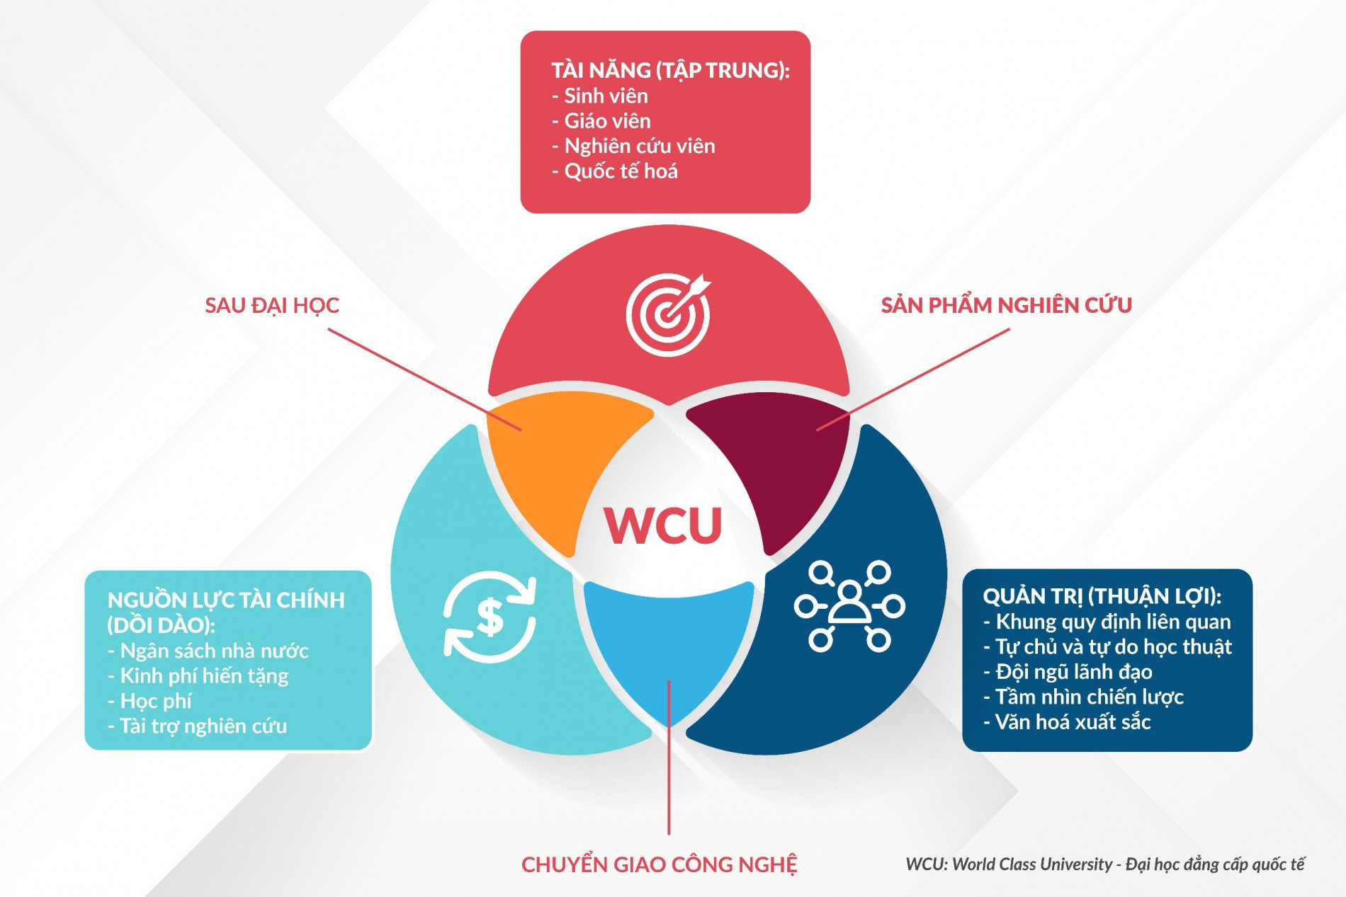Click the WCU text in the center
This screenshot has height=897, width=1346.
pos(662,525)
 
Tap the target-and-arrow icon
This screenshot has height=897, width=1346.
pos(668,314)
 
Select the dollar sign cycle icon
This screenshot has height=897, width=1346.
pos(490,616)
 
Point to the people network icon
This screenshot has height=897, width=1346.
pos(849,606)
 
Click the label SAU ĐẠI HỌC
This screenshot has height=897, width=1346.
pos(272,305)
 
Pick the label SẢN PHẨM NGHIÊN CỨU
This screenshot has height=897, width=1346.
pos(1006,305)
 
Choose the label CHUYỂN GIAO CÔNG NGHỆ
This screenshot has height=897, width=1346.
pos(659,864)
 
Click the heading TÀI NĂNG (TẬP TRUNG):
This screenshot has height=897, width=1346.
pos(670,70)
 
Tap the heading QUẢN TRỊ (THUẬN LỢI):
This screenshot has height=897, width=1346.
pos(1102,596)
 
